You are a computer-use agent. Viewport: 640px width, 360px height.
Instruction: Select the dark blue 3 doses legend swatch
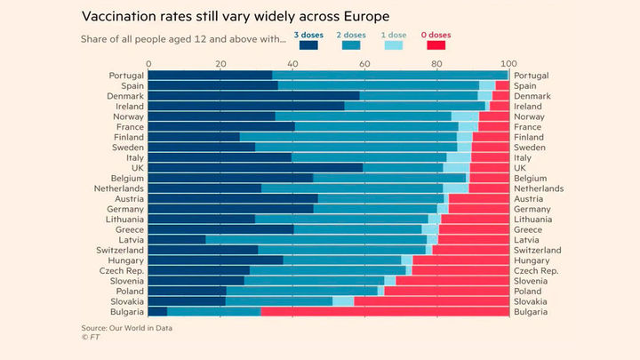[x=308, y=44]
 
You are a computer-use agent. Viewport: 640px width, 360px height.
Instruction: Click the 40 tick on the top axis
[x=292, y=64]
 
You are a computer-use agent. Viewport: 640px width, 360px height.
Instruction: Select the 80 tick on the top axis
[x=436, y=64]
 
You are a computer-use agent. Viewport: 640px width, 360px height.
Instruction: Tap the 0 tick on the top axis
[x=148, y=64]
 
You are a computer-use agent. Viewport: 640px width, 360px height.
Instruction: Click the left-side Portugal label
[x=127, y=76]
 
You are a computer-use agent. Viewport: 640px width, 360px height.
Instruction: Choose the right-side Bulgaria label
[x=531, y=312]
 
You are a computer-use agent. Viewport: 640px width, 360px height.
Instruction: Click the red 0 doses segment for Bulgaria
[x=384, y=312]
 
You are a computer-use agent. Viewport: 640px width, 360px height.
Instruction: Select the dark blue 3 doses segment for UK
[x=255, y=167]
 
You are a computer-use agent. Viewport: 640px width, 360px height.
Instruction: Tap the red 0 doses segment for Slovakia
[x=431, y=301]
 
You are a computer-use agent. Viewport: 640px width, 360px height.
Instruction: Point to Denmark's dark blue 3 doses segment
[x=253, y=96]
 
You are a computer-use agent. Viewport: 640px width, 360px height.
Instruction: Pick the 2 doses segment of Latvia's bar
[x=316, y=238]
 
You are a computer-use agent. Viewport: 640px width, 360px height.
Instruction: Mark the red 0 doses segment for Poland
[x=446, y=291]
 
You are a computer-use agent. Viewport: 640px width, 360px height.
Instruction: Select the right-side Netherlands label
[x=539, y=188]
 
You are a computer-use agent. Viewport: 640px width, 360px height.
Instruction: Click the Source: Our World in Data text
[x=126, y=328]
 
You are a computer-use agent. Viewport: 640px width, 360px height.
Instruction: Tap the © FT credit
[x=89, y=338]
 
